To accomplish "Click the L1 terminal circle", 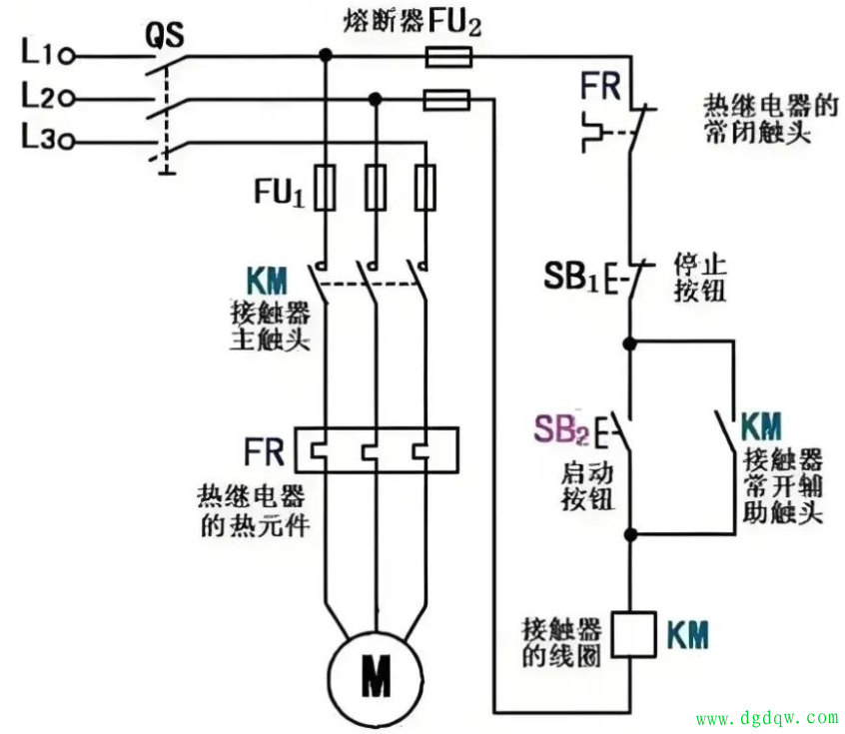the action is point(66,56).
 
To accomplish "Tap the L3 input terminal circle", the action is point(66,142).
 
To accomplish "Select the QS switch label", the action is point(165,35).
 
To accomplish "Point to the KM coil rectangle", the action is point(633,634).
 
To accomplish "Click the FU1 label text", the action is point(279,192).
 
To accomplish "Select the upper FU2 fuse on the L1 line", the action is point(448,57).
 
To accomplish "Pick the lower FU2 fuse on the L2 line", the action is point(446,100).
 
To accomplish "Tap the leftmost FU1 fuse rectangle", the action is point(325,188).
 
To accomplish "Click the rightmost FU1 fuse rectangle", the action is point(425,188).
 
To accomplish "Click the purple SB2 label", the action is point(561,428).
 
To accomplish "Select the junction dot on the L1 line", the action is point(326,55).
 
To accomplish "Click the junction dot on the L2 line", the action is point(376,99).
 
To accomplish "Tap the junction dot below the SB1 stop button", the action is point(629,344).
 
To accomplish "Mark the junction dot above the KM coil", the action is point(630,534).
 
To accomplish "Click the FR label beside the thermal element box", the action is point(264,451).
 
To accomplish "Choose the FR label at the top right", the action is point(600,85).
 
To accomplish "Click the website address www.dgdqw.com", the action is point(767,718).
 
